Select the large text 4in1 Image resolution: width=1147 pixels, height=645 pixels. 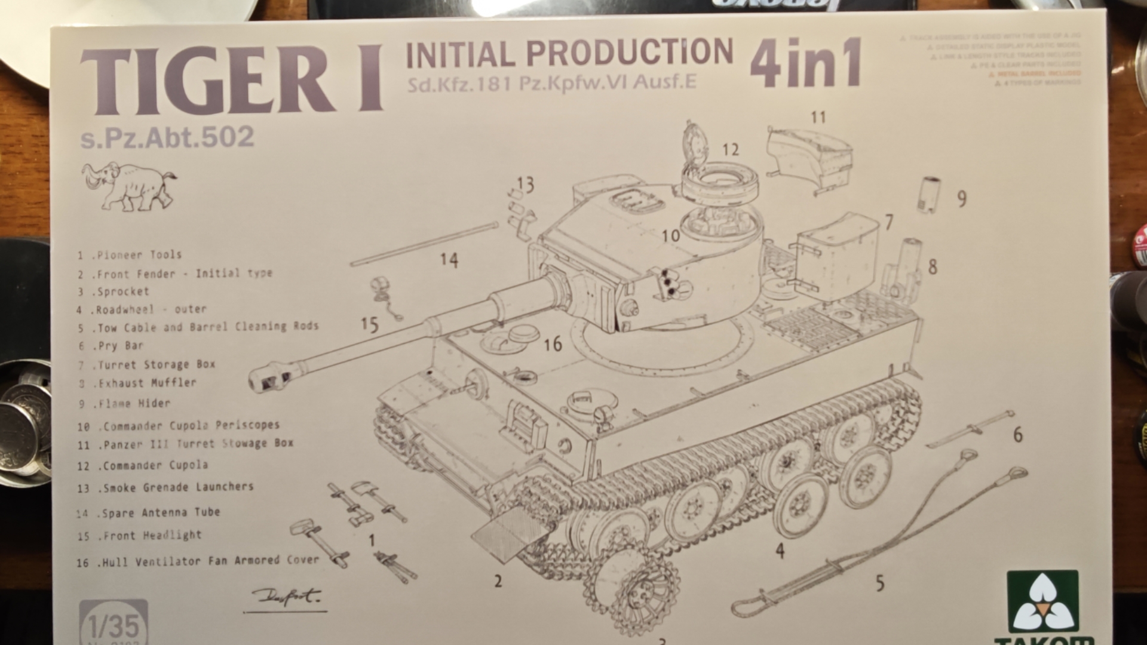click(x=806, y=62)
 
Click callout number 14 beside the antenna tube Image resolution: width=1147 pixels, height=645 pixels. click(x=449, y=260)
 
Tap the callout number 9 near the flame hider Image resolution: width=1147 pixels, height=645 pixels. click(x=961, y=199)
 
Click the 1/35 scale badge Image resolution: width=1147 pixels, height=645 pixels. click(x=114, y=624)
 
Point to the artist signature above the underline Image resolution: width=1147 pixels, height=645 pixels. click(x=286, y=596)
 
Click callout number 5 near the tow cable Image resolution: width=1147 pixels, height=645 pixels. click(x=879, y=583)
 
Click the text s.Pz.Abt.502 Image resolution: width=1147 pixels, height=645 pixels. click(x=167, y=137)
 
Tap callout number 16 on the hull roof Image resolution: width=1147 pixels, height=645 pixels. click(x=553, y=344)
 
